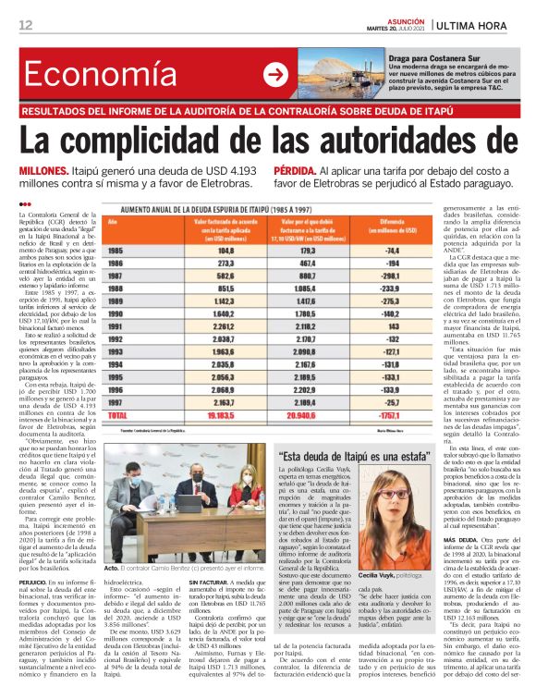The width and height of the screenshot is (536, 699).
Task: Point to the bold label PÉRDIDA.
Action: click(295, 172)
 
